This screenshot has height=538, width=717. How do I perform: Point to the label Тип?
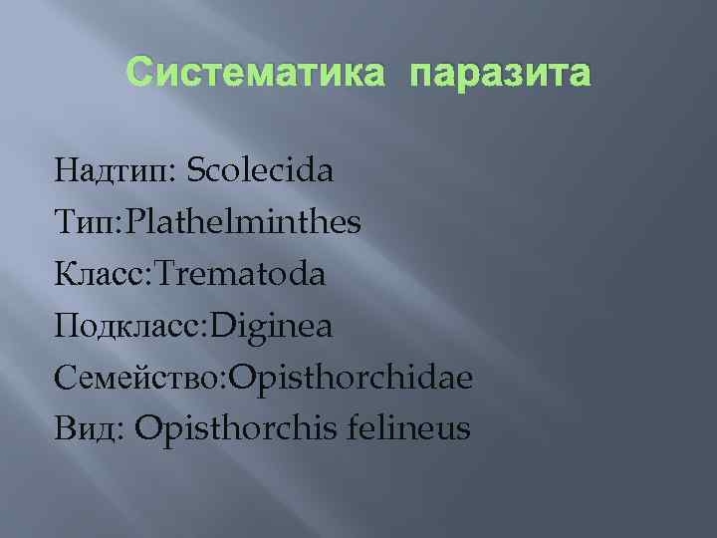[86, 222]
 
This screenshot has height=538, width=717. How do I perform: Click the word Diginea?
[270, 326]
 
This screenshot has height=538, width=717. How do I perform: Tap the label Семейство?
[140, 378]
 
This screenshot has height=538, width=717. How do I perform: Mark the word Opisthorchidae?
[352, 378]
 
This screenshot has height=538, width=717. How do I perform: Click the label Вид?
[88, 429]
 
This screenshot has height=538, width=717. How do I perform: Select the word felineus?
[410, 429]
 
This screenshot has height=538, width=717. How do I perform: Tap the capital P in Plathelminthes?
[129, 222]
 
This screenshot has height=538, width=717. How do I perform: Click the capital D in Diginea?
[216, 326]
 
